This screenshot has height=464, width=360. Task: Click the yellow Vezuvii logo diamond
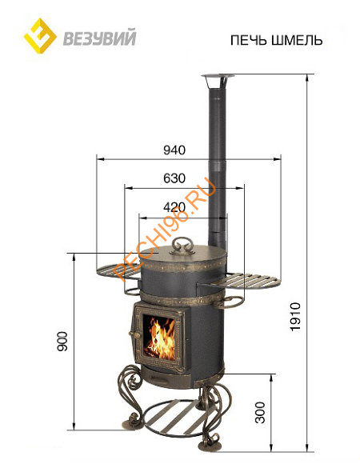(40, 36)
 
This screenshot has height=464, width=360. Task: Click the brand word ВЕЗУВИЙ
(100, 38)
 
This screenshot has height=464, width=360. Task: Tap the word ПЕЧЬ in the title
(249, 40)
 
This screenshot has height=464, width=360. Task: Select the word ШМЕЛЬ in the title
(297, 40)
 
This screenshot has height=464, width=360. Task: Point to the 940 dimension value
(174, 150)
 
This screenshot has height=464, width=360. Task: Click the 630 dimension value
(174, 178)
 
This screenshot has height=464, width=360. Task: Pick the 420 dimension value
(174, 207)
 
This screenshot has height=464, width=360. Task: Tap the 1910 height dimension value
(295, 317)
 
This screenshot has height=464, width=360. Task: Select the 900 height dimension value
(62, 342)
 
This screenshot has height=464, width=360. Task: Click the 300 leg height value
(260, 412)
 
